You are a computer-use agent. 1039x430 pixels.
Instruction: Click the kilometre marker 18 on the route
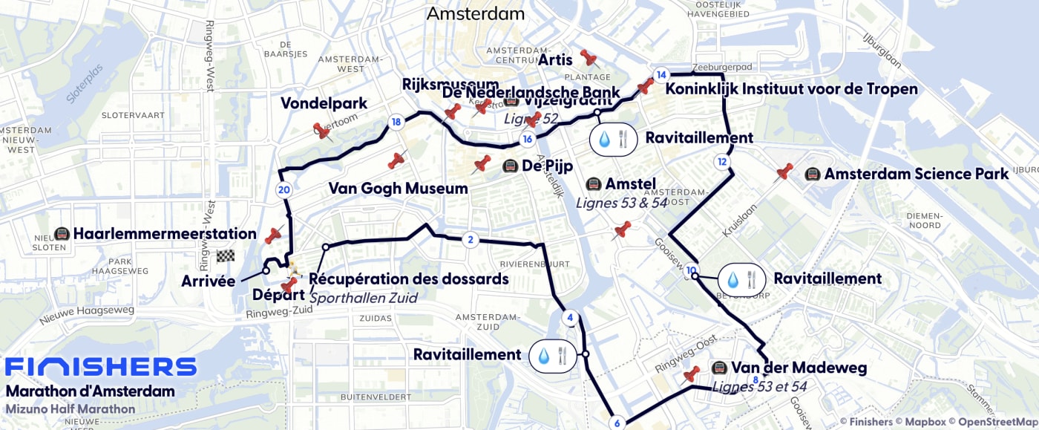click(x=396, y=122)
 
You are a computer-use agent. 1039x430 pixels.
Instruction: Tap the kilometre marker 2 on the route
click(x=469, y=239)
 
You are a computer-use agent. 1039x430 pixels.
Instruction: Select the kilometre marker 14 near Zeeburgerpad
click(x=661, y=74)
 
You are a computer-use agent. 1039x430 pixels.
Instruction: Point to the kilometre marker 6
click(x=617, y=423)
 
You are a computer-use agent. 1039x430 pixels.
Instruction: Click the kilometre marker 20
click(x=283, y=189)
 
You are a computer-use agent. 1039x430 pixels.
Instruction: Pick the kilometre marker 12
click(x=722, y=162)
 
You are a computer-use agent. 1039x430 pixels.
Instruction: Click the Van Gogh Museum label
click(x=398, y=189)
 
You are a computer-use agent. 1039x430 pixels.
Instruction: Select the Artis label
click(x=555, y=59)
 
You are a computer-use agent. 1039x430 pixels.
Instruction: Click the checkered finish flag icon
click(x=226, y=256)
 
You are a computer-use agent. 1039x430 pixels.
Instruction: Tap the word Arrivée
click(x=208, y=281)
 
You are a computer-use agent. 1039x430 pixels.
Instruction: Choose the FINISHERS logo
click(x=100, y=367)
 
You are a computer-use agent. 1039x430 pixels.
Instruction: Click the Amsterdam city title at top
click(x=476, y=13)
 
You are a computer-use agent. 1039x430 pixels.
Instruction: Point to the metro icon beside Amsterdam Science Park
click(x=812, y=174)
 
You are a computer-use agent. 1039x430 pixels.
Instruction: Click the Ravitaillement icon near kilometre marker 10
click(x=741, y=279)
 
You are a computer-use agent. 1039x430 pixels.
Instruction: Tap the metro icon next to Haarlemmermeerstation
click(x=62, y=234)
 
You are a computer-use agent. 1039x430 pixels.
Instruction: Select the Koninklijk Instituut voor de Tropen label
click(x=792, y=89)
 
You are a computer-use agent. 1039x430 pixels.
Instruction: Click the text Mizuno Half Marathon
click(x=71, y=409)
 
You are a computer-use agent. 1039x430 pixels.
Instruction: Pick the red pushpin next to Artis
click(x=589, y=58)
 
